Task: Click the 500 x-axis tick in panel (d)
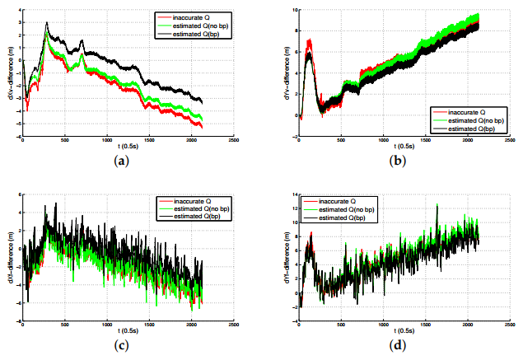click(x=339, y=325)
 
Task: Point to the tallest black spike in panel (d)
click(x=437, y=205)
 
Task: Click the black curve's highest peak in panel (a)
click(x=47, y=23)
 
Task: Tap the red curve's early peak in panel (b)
click(x=309, y=40)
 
